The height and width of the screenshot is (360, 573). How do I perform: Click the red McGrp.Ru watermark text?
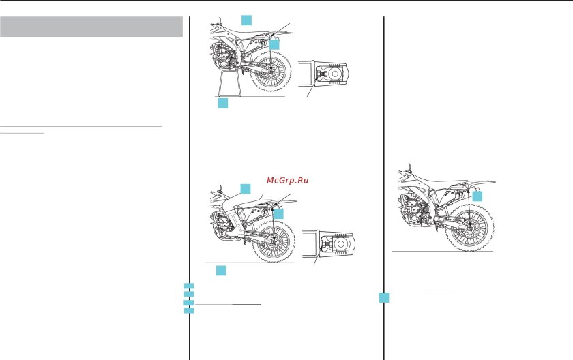pyautogui.click(x=288, y=181)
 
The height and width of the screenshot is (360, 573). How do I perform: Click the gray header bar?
pyautogui.click(x=91, y=27)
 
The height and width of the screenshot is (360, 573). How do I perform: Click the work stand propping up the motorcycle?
pyautogui.click(x=229, y=84)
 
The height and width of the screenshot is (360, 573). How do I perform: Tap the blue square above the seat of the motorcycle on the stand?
pyautogui.click(x=247, y=20)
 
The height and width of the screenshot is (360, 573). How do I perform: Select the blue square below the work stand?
pyautogui.click(x=223, y=103)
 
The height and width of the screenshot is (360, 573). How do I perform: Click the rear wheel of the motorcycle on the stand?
pyautogui.click(x=272, y=71)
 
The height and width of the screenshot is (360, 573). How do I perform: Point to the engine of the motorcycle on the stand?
pyautogui.click(x=223, y=57)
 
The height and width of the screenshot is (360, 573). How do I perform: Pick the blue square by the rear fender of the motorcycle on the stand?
pyautogui.click(x=274, y=44)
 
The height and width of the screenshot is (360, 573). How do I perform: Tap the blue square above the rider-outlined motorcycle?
pyautogui.click(x=246, y=189)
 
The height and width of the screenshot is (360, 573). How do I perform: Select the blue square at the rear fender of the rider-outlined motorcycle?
pyautogui.click(x=278, y=213)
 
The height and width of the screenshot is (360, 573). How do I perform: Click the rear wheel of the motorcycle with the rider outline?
pyautogui.click(x=274, y=241)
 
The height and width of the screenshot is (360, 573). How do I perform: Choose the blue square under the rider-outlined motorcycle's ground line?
pyautogui.click(x=221, y=271)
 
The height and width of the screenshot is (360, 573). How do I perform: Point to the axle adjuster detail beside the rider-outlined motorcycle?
pyautogui.click(x=328, y=244)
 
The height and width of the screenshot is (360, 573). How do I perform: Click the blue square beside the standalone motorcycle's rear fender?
pyautogui.click(x=477, y=196)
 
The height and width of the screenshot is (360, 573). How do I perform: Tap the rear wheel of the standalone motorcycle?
pyautogui.click(x=470, y=228)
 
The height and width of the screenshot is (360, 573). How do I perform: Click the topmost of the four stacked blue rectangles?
pyautogui.click(x=189, y=286)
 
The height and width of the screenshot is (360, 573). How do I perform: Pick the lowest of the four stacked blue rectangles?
pyautogui.click(x=189, y=311)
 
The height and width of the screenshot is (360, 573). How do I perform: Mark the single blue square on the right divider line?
pyautogui.click(x=384, y=298)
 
